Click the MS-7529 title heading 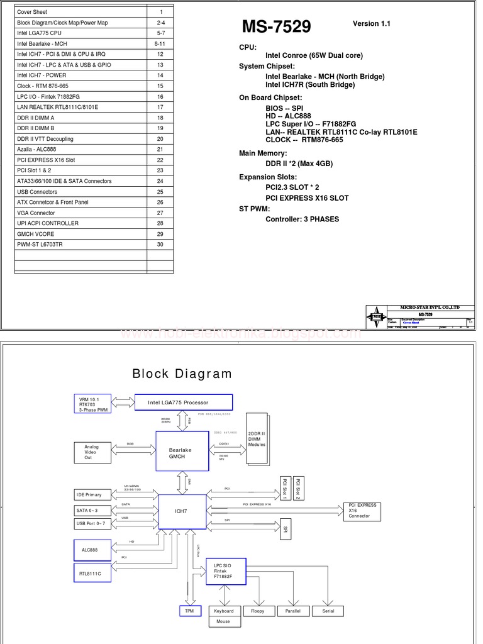tap(276, 26)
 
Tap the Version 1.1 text tap(371, 24)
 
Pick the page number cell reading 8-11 tap(160, 44)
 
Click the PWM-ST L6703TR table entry tap(40, 245)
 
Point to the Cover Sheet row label tap(32, 12)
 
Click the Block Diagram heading tap(182, 374)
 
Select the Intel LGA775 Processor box tap(184, 402)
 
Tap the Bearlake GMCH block tap(182, 452)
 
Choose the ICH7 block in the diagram tap(181, 511)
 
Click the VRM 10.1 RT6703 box tap(92, 404)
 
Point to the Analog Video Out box tap(92, 452)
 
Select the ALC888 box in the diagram tap(92, 550)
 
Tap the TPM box tap(189, 611)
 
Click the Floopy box tap(258, 611)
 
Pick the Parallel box tap(292, 611)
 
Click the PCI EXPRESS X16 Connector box tap(362, 511)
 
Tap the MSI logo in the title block tap(376, 316)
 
